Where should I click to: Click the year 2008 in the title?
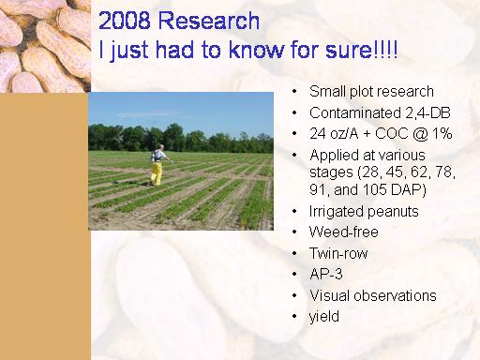pyautogui.click(x=124, y=21)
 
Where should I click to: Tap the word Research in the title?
pyautogui.click(x=209, y=21)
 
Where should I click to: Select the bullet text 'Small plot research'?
pyautogui.click(x=371, y=92)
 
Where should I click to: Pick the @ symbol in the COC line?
pyautogui.click(x=420, y=134)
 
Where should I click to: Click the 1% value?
pyautogui.click(x=442, y=133)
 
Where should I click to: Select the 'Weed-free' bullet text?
pyautogui.click(x=344, y=232)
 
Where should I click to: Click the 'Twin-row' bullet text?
pyautogui.click(x=338, y=253)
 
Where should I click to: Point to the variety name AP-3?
pyautogui.click(x=326, y=274)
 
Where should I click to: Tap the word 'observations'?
pyautogui.click(x=395, y=295)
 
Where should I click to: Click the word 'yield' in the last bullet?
pyautogui.click(x=324, y=317)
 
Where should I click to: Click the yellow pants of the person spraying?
pyautogui.click(x=157, y=173)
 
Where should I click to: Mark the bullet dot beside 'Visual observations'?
pyautogui.click(x=294, y=295)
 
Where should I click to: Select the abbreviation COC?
pyautogui.click(x=392, y=134)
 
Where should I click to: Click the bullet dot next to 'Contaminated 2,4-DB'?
pyautogui.click(x=294, y=113)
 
